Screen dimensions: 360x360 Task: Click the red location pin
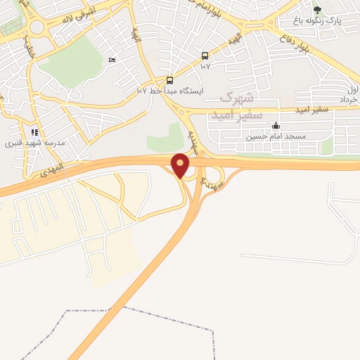[181, 165]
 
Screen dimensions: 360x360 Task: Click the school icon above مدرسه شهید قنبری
[34, 131]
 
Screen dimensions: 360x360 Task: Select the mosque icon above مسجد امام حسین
[275, 127]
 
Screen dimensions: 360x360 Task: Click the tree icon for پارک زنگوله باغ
[317, 10]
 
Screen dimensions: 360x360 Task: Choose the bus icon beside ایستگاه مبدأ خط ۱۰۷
[169, 80]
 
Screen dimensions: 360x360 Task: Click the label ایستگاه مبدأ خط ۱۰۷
[169, 91]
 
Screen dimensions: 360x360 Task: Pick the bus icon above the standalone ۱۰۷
[205, 56]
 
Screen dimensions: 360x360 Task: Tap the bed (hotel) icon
[112, 60]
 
